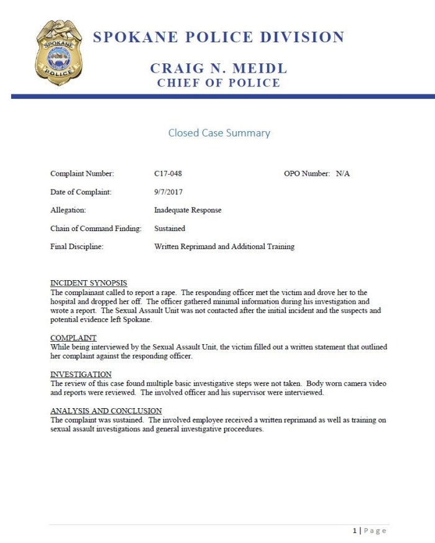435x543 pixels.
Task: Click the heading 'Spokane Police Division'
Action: coord(218,37)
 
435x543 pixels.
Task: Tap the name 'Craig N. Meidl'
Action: coord(218,68)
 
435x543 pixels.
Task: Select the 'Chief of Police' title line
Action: coord(218,83)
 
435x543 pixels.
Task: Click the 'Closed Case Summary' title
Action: coord(219,133)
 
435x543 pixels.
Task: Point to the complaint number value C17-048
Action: coord(168,173)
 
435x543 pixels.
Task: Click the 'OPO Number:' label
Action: coord(307,173)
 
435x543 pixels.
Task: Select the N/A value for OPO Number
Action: coord(343,173)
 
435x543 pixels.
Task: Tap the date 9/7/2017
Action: coord(168,192)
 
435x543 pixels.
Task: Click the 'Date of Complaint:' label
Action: coord(81,192)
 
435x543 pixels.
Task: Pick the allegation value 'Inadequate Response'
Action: coord(188,210)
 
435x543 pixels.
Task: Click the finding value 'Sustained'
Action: coord(170,229)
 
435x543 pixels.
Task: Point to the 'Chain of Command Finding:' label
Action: coord(96,229)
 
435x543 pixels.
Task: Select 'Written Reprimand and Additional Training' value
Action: coord(224,247)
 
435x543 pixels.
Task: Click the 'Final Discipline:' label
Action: coord(76,247)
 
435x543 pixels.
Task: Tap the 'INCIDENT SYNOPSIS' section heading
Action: coord(88,283)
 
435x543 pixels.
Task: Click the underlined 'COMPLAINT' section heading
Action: coord(73,338)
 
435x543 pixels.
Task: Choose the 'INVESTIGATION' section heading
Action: coord(81,375)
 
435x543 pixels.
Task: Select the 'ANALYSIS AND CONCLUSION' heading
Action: coord(106,411)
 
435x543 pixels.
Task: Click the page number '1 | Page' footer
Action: coord(369,531)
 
